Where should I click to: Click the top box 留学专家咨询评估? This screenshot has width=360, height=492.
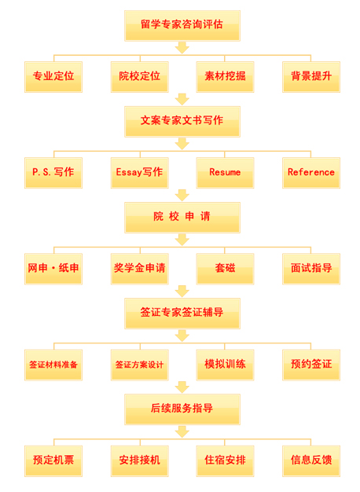coord(182,25)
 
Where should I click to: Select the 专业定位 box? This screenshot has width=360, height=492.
coord(53,77)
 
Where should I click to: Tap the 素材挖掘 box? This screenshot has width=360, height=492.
coord(225,77)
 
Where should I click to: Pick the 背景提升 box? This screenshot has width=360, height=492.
coord(311,77)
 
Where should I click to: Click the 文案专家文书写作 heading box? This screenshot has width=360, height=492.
coord(182,122)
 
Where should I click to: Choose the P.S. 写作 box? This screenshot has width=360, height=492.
coord(53,173)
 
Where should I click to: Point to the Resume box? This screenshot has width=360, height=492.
coord(225,173)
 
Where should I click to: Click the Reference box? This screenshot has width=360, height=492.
coord(311,173)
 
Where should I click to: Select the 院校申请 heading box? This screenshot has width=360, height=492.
coord(182,218)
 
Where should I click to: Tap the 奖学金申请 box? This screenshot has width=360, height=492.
coord(140,269)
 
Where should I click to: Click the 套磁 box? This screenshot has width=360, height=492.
coord(225,269)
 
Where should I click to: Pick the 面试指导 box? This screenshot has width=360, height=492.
coord(311,269)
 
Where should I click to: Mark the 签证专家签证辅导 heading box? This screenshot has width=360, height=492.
coord(182,314)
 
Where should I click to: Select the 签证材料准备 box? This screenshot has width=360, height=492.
coord(53,365)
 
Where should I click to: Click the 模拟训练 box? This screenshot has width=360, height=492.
coord(225,365)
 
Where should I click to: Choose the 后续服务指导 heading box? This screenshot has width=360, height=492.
coord(182,409)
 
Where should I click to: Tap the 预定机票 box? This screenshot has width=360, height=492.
coord(53,461)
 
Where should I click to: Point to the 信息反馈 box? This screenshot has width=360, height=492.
coord(311,461)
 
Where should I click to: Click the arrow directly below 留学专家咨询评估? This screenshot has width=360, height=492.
coord(182,48)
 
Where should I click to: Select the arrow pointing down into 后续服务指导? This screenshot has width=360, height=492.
coord(182,387)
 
